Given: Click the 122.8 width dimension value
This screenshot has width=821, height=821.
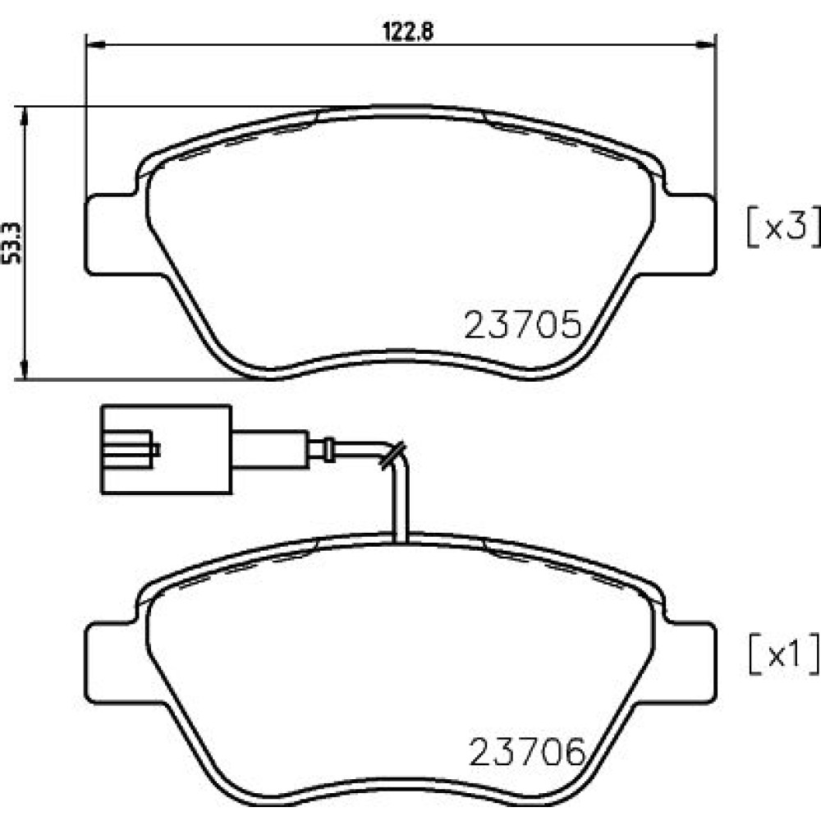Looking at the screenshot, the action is [408, 32].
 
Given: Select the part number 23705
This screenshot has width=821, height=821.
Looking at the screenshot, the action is [523, 324].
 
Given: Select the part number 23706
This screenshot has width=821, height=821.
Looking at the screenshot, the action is [527, 752].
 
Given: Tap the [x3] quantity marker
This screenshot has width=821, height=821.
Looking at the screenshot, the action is [782, 227].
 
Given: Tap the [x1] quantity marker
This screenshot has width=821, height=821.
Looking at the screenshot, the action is [783, 654].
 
